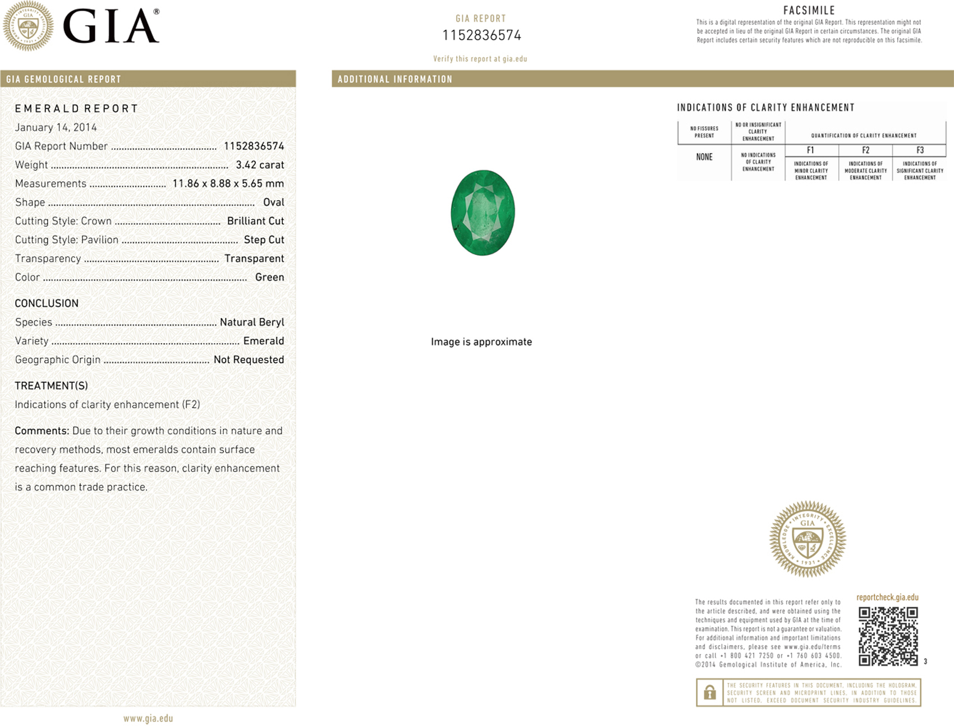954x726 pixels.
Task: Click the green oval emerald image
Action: (x=483, y=212)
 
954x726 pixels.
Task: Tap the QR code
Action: (x=888, y=636)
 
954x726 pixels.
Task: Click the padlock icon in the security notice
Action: (x=709, y=692)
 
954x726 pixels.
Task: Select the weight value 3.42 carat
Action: (x=260, y=165)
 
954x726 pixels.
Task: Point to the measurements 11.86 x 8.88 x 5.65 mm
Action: (x=228, y=183)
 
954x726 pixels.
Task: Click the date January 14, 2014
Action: (x=56, y=127)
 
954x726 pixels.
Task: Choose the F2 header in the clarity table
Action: (x=865, y=150)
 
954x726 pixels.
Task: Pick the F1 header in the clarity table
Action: (x=810, y=150)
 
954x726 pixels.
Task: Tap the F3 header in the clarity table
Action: (x=920, y=150)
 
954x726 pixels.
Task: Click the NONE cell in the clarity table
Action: (x=704, y=157)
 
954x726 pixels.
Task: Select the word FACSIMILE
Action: (x=809, y=10)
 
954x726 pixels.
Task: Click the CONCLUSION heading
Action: (x=47, y=303)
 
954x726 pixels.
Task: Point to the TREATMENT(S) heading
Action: (x=51, y=386)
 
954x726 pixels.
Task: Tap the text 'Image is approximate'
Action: (x=481, y=341)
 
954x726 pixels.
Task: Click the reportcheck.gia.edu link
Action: (x=887, y=597)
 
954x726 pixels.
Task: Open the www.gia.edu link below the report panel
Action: (x=148, y=718)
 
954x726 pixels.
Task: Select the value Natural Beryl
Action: (x=252, y=322)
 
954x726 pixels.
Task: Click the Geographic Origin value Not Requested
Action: (x=249, y=359)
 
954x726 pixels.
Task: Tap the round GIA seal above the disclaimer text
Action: (x=808, y=539)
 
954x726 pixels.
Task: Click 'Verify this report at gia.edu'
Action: (x=480, y=58)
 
